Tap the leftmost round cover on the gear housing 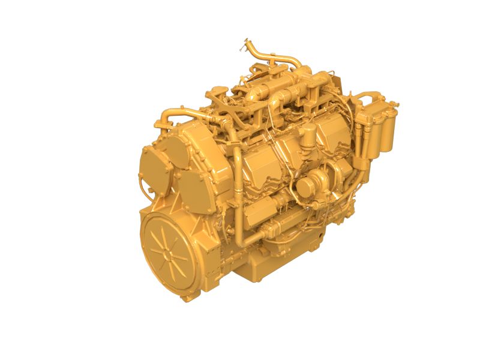pyautogui.click(x=152, y=163)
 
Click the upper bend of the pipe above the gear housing pyautogui.click(x=174, y=112)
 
